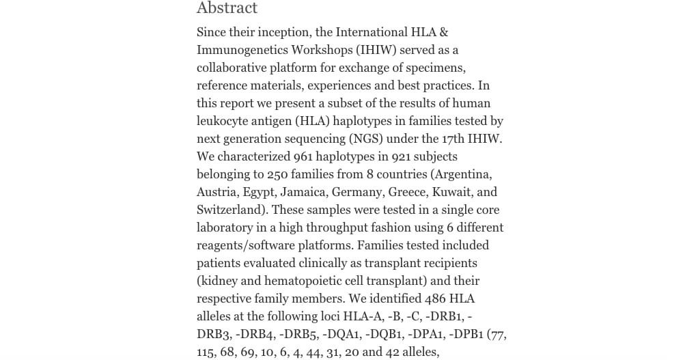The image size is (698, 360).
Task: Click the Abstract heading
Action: pyautogui.click(x=227, y=8)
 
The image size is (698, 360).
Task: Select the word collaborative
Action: pyautogui.click(x=236, y=68)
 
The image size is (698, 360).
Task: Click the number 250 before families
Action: pyautogui.click(x=279, y=174)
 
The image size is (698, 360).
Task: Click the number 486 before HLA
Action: pyautogui.click(x=436, y=299)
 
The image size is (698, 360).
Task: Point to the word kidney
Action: pyautogui.click(x=220, y=281)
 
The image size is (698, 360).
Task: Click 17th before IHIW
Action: pyautogui.click(x=457, y=139)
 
